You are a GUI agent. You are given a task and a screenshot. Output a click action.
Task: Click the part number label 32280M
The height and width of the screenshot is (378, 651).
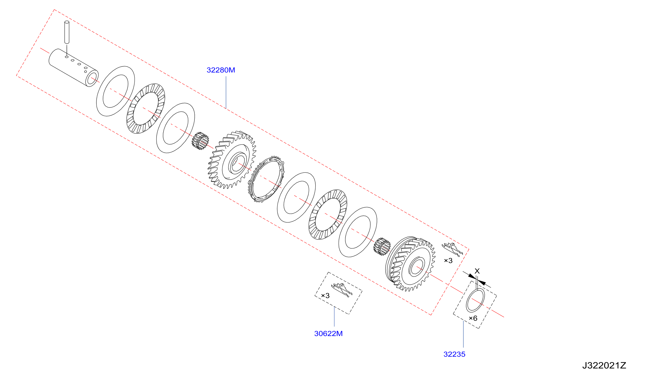pos(221,70)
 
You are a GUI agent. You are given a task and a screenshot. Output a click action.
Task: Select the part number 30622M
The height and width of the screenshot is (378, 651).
pos(328,333)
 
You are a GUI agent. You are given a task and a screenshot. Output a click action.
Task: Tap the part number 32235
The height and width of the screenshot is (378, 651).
pos(455,354)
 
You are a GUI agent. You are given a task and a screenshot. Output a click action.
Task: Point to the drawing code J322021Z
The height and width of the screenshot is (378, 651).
pos(604,365)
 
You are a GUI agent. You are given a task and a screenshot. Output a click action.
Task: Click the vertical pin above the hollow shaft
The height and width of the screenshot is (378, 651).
pos(67,32)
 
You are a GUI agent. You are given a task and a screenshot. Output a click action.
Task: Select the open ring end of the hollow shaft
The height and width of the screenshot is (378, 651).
pos(92,78)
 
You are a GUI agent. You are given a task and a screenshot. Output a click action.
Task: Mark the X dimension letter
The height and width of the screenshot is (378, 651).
pos(477,271)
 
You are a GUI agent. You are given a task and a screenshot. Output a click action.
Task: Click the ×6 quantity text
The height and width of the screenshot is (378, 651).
pos(473,318)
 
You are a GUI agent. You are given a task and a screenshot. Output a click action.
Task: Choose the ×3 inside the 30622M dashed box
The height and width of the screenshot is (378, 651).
pos(325,295)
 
